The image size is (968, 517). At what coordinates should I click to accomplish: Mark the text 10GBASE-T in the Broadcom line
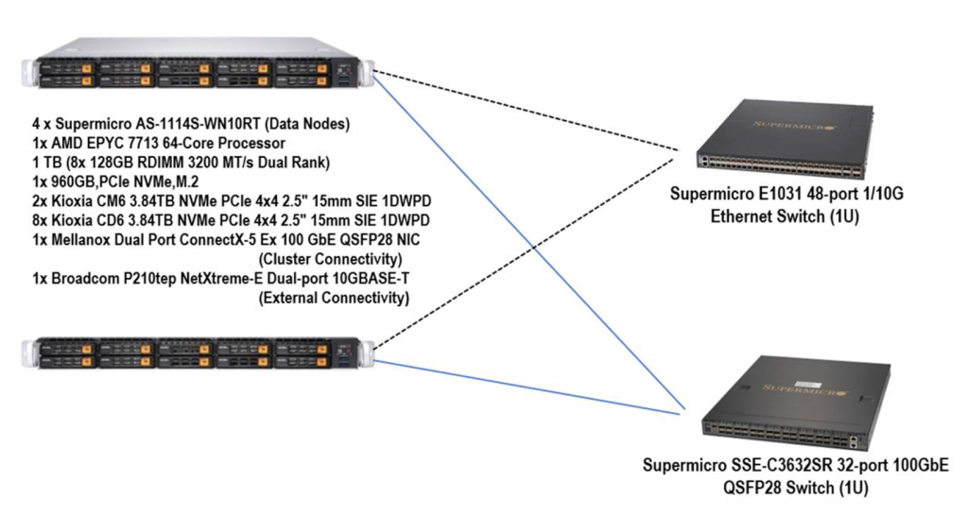tap(372, 279)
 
